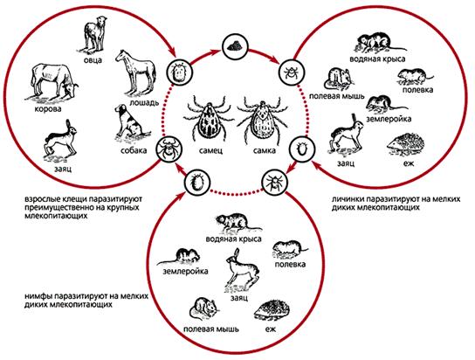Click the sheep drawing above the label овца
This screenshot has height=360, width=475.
coord(94,35)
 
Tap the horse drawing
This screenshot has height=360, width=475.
coord(135,73)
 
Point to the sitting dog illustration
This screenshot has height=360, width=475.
coord(131,123)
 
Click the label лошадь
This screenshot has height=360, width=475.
coord(144,102)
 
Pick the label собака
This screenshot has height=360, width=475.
coord(134,150)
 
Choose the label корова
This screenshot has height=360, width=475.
coord(48,109)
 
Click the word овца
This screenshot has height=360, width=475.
coord(93,60)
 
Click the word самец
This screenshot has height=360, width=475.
coord(210,150)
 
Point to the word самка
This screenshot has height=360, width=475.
coord(265,150)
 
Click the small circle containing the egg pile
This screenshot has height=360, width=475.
coord(236,47)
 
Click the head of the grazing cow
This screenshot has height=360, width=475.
coord(70,89)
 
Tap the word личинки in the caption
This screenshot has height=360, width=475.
coord(346,199)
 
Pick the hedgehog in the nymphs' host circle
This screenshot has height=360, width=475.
coord(272,311)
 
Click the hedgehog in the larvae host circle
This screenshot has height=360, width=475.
coord(406,145)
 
